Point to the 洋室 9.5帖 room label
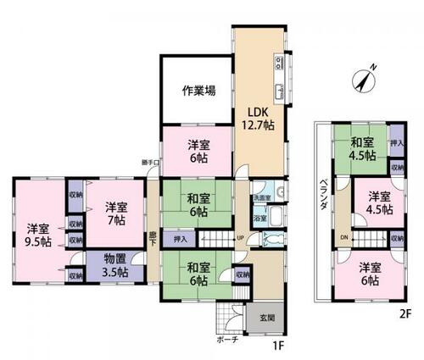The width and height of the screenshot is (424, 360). point(36,235)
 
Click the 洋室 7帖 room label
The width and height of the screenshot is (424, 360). point(116,212)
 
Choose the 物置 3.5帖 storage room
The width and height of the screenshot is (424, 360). point(110,265)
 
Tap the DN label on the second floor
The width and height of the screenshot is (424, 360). point(342,238)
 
